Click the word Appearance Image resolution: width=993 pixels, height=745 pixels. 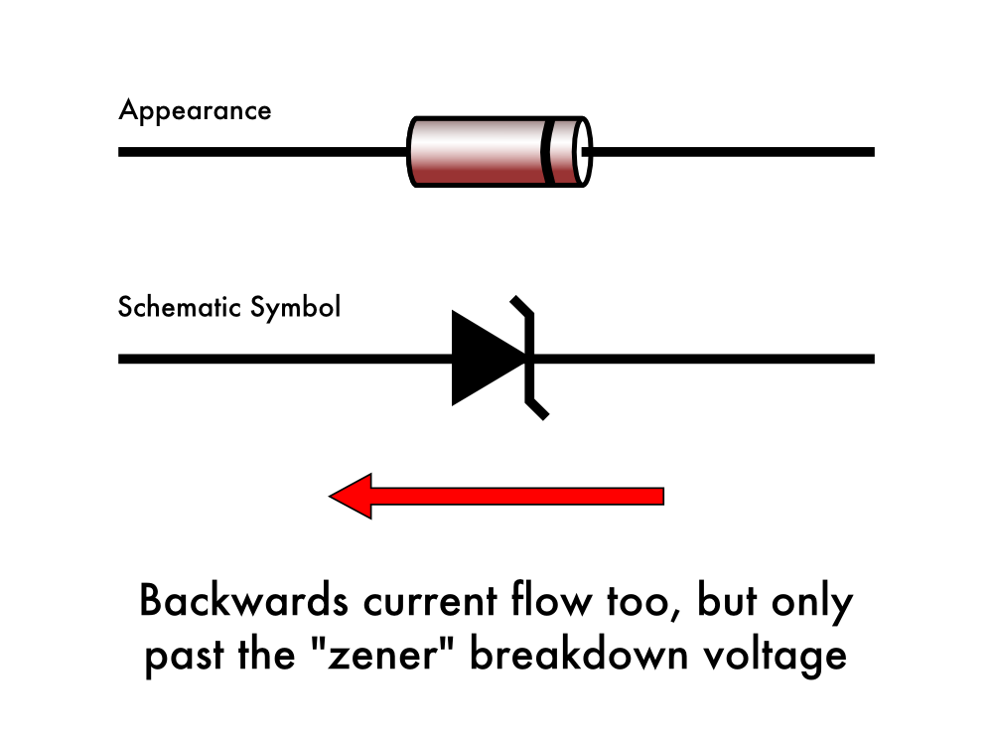click(195, 110)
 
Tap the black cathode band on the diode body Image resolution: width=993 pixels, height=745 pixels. click(548, 151)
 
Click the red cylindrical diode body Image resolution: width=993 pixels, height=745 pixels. click(477, 151)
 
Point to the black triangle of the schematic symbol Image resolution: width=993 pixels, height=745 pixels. click(482, 358)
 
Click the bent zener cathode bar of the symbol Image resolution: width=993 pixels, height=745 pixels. click(529, 358)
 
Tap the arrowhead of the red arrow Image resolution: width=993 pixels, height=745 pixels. click(352, 495)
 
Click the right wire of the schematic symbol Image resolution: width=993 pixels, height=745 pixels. click(705, 359)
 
